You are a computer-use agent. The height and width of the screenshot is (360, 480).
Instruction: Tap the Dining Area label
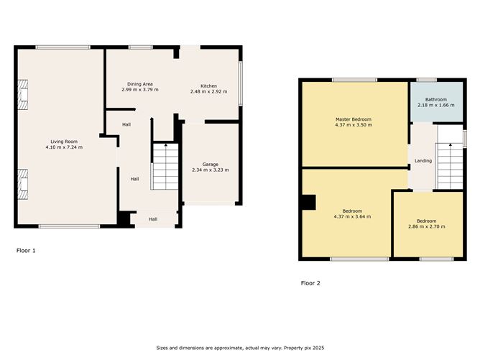(139, 84)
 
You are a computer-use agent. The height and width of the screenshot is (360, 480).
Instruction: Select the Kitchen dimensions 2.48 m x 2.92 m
(208, 92)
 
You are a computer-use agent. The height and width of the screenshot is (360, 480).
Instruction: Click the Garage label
(209, 164)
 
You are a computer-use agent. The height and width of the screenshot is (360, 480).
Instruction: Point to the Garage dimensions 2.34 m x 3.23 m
(209, 170)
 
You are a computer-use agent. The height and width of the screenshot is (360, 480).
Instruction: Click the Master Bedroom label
(354, 119)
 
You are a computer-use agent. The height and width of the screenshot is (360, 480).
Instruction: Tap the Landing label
(423, 161)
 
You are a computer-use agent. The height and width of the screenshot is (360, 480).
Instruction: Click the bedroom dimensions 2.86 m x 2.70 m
(426, 227)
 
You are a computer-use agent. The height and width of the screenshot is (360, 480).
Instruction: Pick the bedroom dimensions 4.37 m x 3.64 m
(354, 217)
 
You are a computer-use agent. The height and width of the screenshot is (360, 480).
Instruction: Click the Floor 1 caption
(26, 251)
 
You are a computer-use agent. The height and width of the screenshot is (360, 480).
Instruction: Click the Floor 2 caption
(310, 283)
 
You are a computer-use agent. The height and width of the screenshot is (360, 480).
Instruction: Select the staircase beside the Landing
(448, 165)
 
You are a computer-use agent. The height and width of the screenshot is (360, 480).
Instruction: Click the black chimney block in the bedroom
(308, 203)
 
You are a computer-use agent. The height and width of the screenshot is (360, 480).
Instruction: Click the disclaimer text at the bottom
(239, 349)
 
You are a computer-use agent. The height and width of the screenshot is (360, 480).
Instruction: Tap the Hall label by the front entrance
(153, 219)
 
